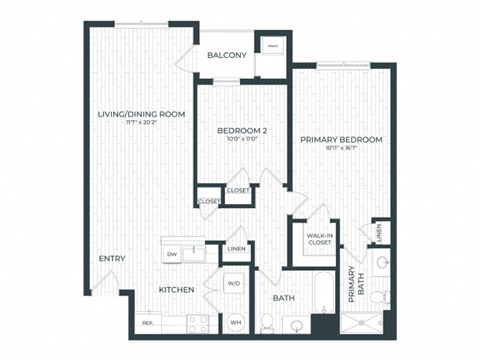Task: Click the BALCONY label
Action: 227,55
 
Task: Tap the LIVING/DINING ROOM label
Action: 141,115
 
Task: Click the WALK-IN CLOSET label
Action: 319,238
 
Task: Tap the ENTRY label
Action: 111,260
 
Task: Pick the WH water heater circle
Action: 236,321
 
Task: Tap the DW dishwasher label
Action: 172,254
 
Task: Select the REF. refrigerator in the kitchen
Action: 147,322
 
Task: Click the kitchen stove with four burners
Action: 197,322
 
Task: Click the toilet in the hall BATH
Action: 267,322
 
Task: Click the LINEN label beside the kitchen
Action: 237,249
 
